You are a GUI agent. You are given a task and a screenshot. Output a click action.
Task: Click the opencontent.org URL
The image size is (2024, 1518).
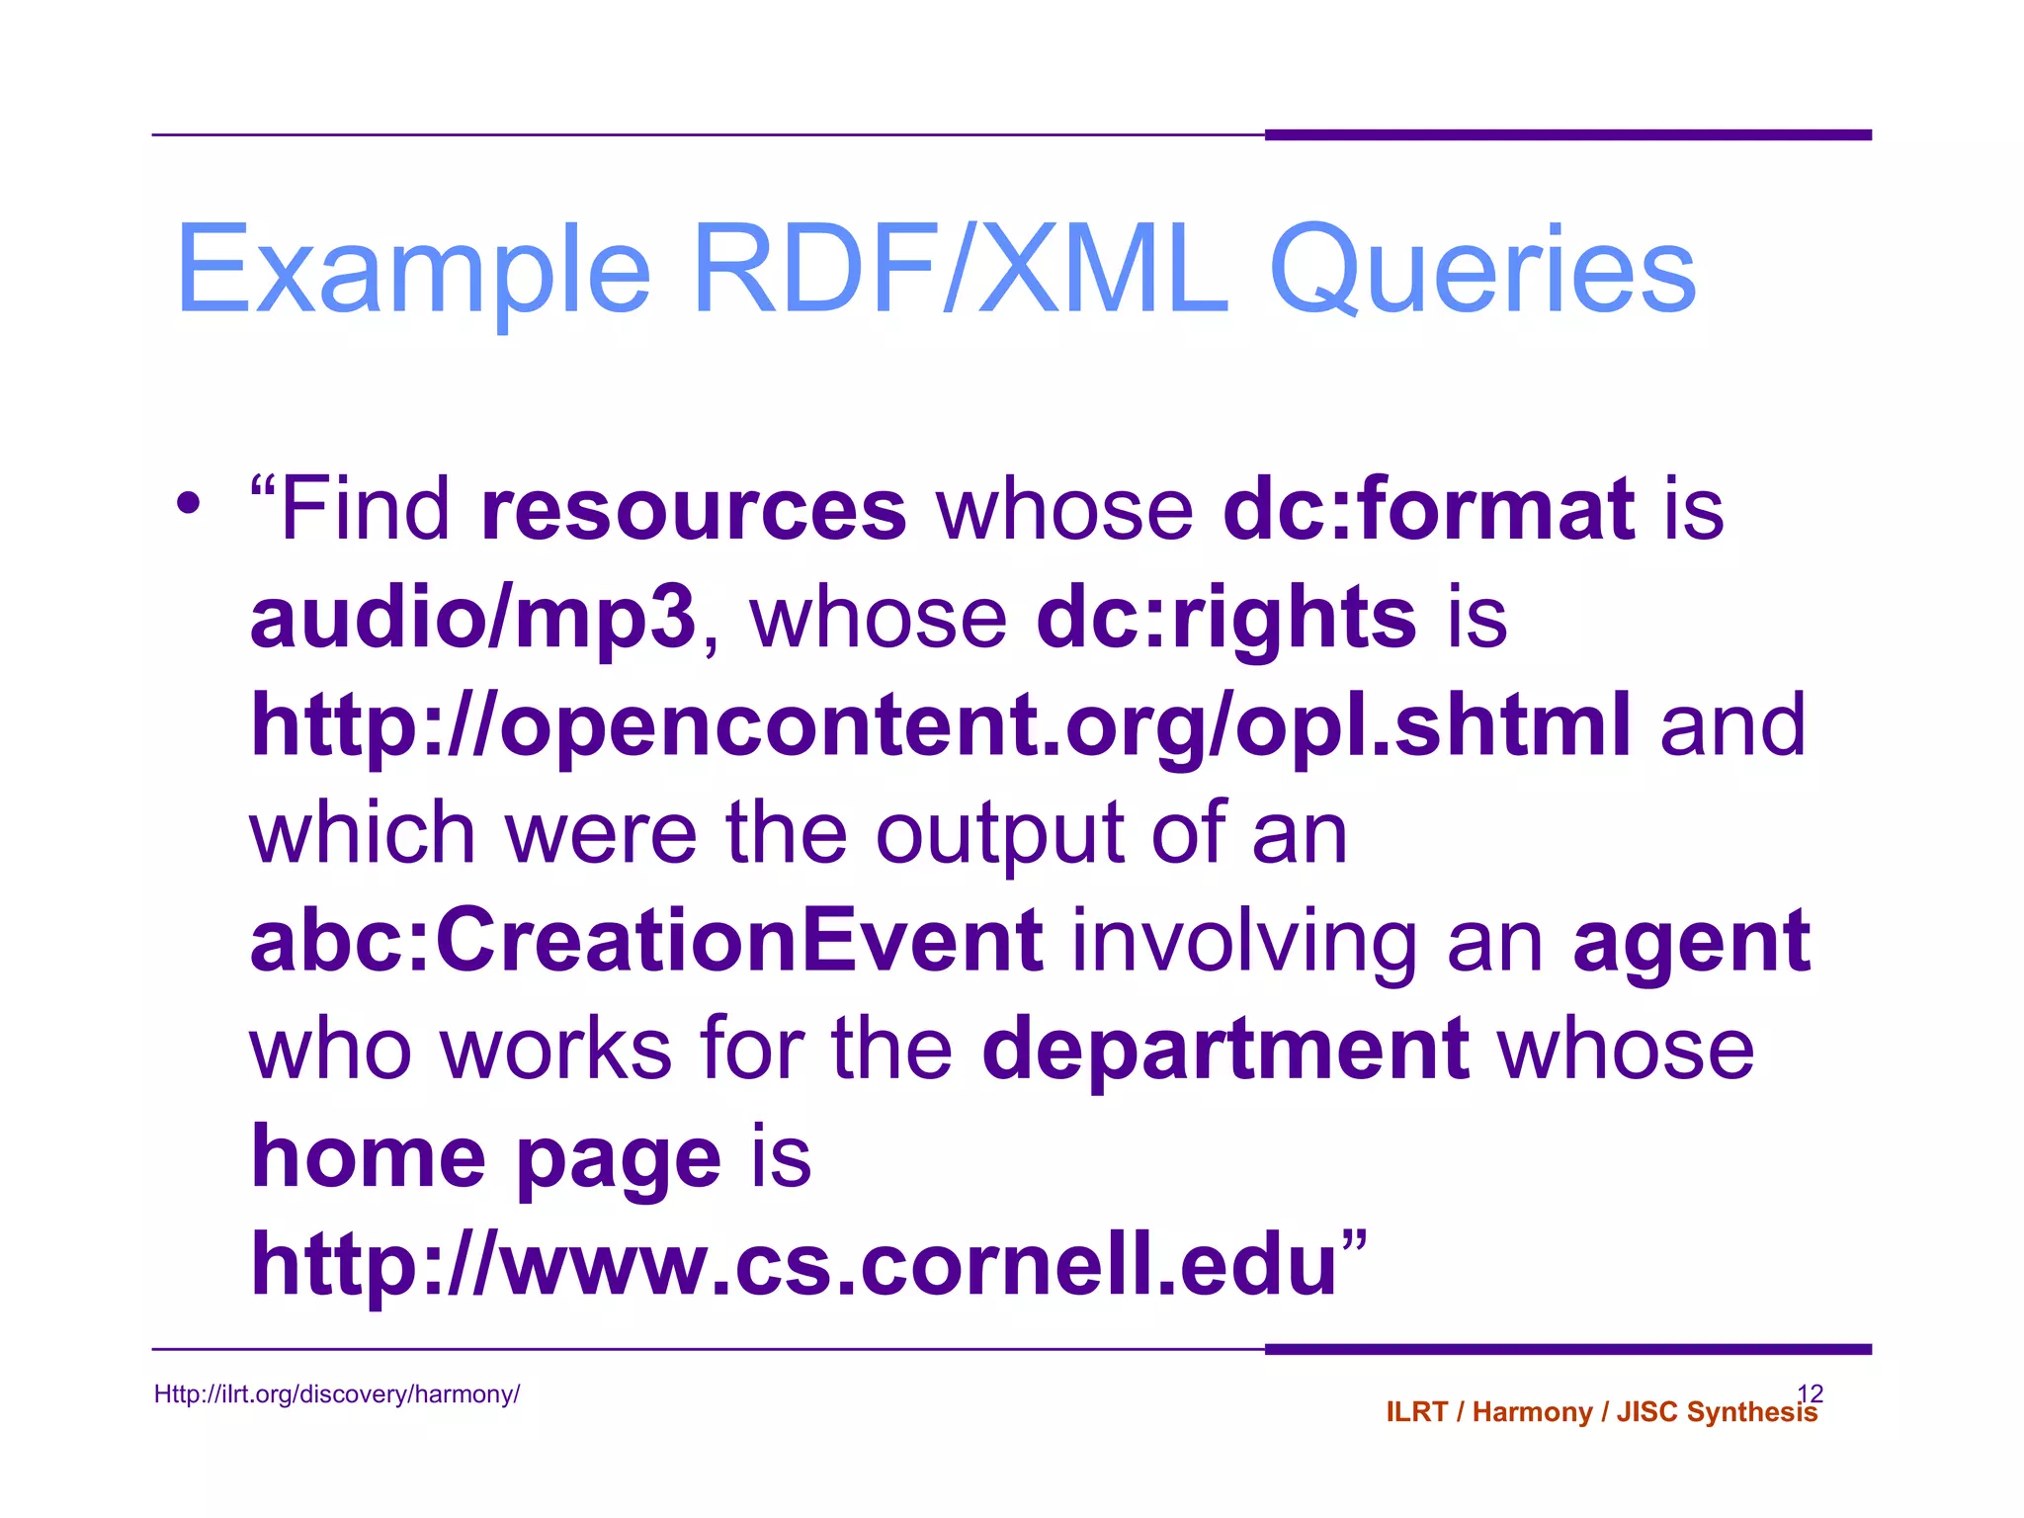pyautogui.click(x=940, y=726)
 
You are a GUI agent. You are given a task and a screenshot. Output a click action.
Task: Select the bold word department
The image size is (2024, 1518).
pyautogui.click(x=1225, y=1050)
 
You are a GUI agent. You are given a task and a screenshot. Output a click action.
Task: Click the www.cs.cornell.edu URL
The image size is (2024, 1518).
pyautogui.click(x=794, y=1264)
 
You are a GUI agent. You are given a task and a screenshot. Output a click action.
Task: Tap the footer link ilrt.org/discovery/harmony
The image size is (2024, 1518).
pyautogui.click(x=337, y=1394)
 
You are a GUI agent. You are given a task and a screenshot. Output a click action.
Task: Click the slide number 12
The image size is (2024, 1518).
pyautogui.click(x=1810, y=1392)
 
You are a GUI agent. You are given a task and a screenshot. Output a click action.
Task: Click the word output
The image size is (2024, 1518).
pyautogui.click(x=999, y=833)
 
